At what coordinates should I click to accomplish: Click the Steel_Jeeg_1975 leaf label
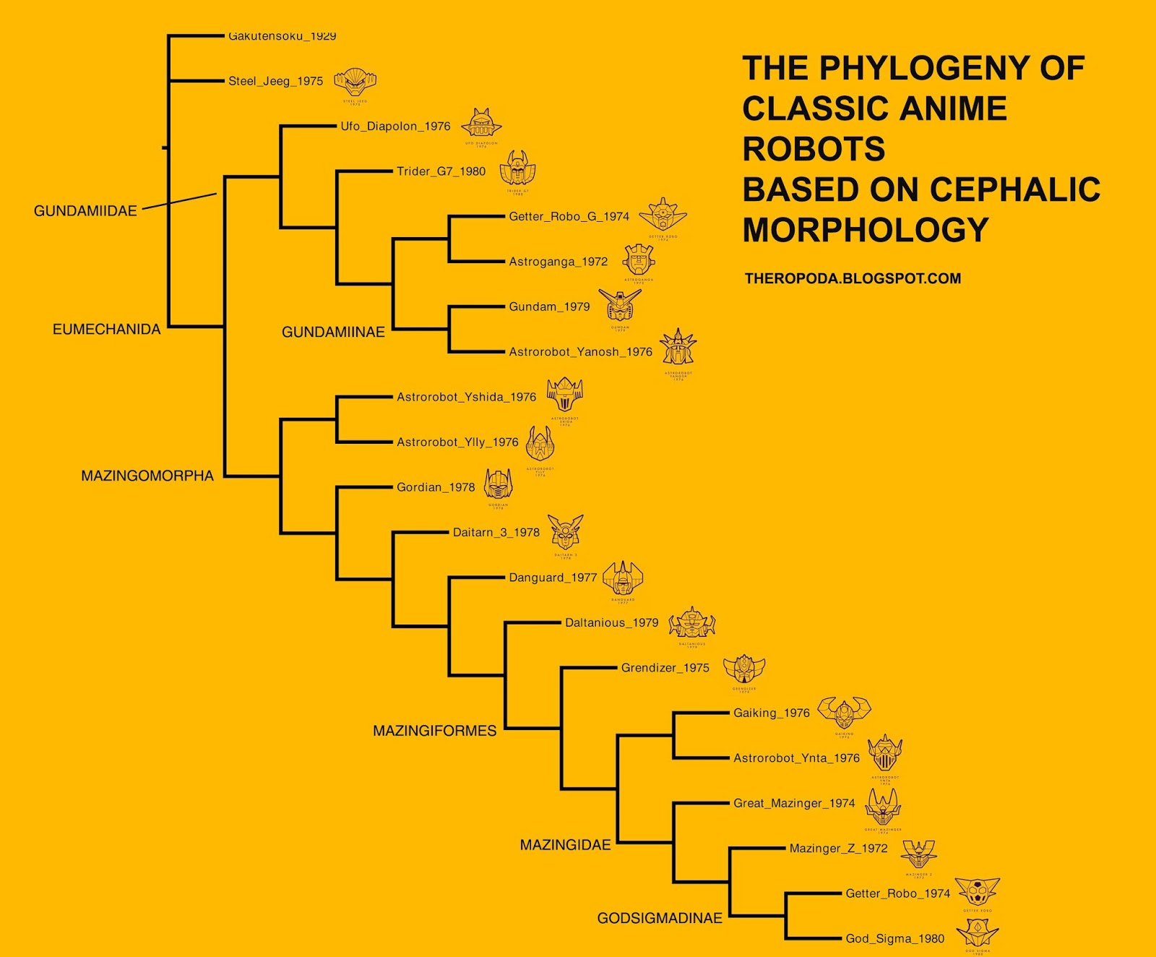click(x=275, y=81)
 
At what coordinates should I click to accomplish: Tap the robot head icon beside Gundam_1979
click(x=620, y=306)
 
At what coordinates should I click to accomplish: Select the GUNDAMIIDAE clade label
click(x=85, y=211)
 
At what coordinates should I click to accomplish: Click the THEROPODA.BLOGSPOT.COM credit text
click(x=853, y=279)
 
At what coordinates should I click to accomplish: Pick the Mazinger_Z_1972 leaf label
click(x=838, y=849)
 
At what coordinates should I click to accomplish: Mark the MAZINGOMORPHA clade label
click(x=147, y=476)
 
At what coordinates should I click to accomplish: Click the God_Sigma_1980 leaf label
click(x=894, y=939)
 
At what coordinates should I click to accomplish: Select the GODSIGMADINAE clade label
click(x=660, y=918)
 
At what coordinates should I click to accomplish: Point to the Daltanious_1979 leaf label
click(x=611, y=623)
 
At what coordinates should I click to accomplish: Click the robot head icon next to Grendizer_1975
click(x=744, y=669)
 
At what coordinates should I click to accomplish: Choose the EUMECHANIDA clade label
click(x=106, y=330)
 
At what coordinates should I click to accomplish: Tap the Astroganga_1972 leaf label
click(x=558, y=262)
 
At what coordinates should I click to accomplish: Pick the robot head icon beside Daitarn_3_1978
click(x=565, y=533)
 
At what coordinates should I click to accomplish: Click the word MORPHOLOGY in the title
click(x=865, y=231)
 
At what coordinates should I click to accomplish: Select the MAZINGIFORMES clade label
click(x=434, y=731)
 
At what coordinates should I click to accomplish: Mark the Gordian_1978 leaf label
click(x=436, y=487)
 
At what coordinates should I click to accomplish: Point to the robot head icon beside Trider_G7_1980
click(x=518, y=169)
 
